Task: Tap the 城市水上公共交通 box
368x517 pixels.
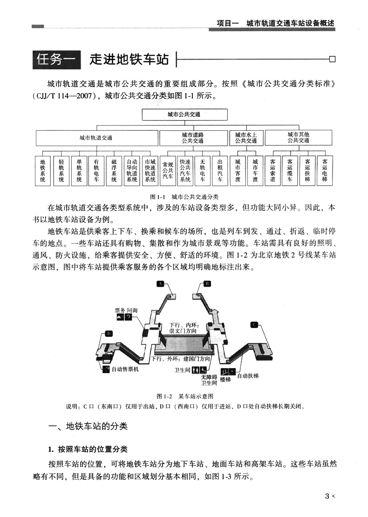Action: tap(246, 138)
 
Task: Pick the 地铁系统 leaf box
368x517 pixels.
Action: tap(43, 170)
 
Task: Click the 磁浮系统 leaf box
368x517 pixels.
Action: tap(114, 170)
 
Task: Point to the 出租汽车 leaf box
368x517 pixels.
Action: tap(220, 170)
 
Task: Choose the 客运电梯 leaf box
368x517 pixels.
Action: tap(325, 170)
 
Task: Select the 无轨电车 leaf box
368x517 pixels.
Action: tap(203, 170)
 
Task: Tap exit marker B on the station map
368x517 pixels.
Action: tap(207, 283)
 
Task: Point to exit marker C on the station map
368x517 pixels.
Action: tap(254, 324)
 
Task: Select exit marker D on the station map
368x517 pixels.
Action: tap(109, 334)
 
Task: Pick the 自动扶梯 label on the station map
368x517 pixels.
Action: tap(248, 375)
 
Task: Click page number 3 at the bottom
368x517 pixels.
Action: tap(327, 496)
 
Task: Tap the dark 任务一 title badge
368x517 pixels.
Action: tap(56, 60)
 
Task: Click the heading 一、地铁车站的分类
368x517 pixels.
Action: tap(88, 426)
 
